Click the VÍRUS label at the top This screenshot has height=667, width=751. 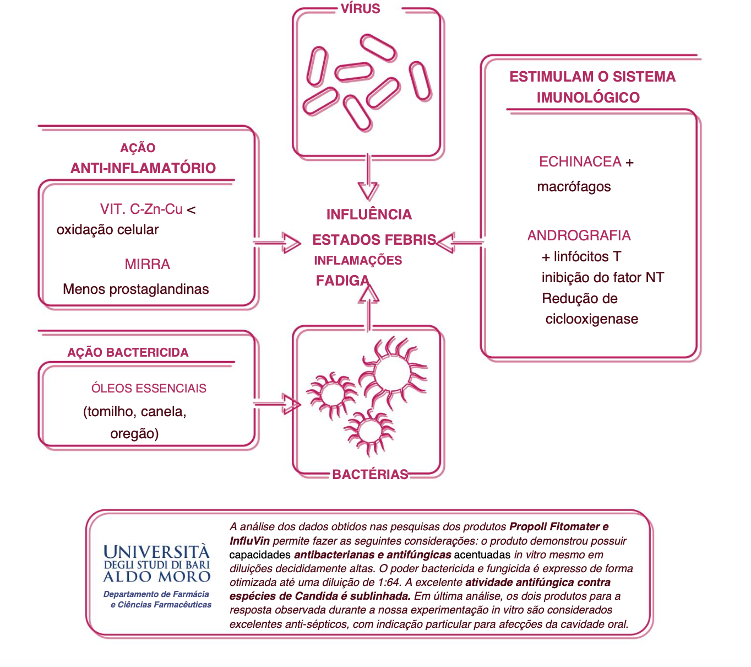360,9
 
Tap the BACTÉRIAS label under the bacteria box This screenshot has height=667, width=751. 370,474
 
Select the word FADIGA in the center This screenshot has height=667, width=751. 342,281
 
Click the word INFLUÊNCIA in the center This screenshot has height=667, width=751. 369,214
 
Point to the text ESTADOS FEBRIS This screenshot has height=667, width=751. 374,240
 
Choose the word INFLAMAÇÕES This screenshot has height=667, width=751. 358,260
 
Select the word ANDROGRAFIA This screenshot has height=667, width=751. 579,235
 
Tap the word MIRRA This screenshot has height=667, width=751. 147,264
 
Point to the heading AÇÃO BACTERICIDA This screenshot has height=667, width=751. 128,352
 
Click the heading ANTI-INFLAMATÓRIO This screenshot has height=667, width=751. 143,168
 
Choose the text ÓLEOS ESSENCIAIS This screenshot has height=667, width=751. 149,388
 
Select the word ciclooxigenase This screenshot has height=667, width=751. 591,319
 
